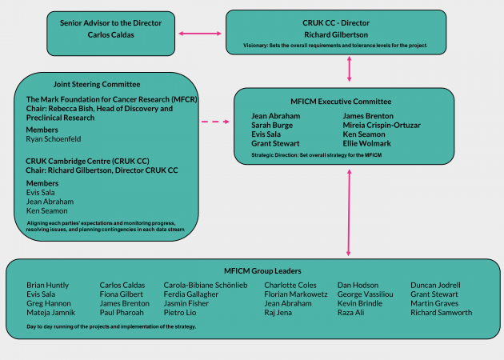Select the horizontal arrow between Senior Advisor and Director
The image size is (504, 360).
click(199, 34)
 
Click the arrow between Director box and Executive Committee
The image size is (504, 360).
click(350, 70)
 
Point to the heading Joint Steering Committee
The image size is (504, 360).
click(96, 84)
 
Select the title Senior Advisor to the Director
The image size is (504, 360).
click(110, 23)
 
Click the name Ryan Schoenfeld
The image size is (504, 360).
click(58, 139)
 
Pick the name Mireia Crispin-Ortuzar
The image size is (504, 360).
click(382, 126)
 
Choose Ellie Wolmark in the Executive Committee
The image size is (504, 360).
click(368, 145)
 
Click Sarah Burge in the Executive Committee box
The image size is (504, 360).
click(273, 126)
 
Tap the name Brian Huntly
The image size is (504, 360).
click(48, 285)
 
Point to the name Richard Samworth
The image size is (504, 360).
click(441, 313)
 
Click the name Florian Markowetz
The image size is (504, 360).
click(296, 294)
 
